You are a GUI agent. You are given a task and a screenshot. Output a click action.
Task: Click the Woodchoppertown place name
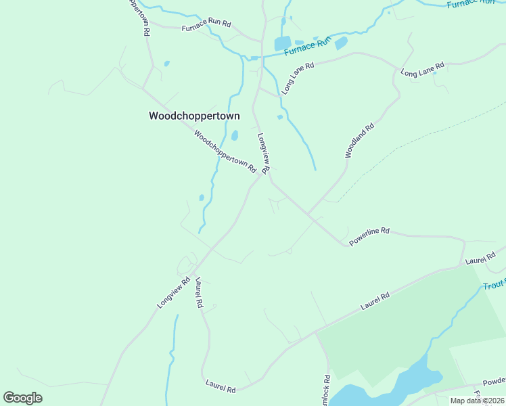click(194, 116)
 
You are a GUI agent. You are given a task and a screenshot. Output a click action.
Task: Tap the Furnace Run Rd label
click(206, 28)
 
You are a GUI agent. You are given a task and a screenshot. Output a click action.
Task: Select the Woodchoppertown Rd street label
click(225, 150)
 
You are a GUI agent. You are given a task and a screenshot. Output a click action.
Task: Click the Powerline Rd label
click(369, 235)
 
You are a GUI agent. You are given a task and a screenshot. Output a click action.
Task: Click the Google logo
click(22, 398)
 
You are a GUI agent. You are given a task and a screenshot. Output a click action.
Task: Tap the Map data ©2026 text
click(477, 401)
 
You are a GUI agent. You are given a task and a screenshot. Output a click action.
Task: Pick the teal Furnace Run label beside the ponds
click(308, 46)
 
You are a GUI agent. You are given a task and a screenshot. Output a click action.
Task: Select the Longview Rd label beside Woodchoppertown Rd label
click(264, 153)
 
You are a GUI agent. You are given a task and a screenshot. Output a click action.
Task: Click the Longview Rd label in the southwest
click(174, 293)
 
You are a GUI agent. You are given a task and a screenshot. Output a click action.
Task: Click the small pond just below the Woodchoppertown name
click(235, 135)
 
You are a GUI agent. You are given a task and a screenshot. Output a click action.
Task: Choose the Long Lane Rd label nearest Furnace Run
click(298, 78)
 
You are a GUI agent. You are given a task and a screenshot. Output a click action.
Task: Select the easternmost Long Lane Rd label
click(422, 69)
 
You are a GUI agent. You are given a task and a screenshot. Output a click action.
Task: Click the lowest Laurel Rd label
click(221, 387)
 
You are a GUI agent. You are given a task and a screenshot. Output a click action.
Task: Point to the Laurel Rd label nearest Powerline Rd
click(482, 258)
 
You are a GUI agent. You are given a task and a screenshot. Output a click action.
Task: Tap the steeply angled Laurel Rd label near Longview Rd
click(199, 292)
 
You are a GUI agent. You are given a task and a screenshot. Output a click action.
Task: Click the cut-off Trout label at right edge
click(495, 286)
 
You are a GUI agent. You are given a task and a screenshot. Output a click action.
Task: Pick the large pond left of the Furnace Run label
click(282, 44)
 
